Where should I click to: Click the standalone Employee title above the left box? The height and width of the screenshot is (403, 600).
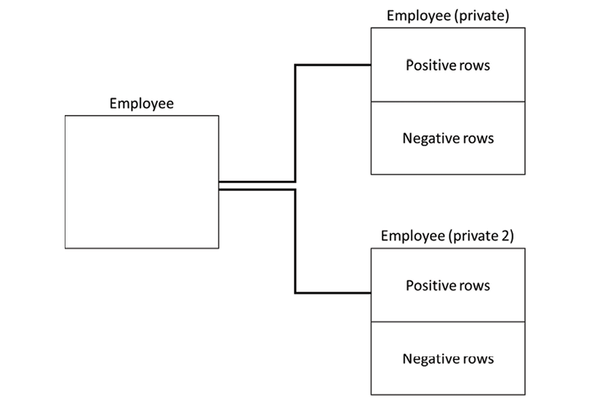tap(142, 104)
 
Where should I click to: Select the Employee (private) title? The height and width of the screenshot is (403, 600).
tap(448, 16)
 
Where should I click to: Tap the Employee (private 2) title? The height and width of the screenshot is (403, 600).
tap(447, 236)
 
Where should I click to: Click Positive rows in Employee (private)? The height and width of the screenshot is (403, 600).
tap(448, 65)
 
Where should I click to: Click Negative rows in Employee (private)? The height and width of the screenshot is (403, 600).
tap(448, 138)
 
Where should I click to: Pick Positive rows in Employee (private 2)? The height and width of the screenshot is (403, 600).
tap(448, 285)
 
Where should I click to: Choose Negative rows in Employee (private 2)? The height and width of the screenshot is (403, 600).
tap(448, 359)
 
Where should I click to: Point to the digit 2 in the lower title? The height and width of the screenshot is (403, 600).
tap(505, 236)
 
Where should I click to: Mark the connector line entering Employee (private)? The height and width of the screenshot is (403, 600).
tap(295, 123)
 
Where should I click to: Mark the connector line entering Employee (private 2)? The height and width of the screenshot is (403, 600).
tap(295, 241)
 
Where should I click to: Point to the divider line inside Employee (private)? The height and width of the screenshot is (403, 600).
tap(448, 102)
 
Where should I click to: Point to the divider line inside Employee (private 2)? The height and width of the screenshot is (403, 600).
tap(448, 322)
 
